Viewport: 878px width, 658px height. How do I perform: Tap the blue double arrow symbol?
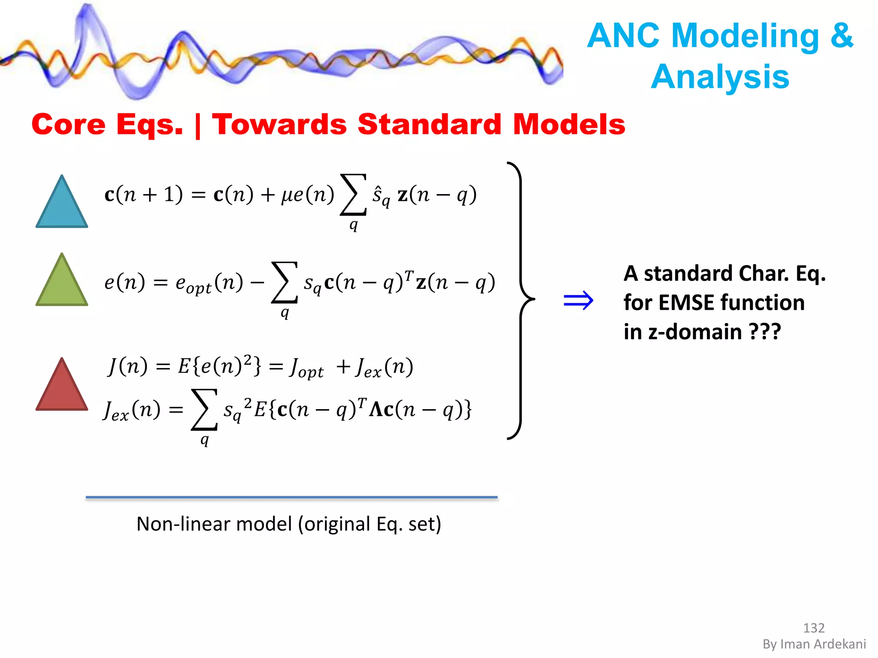coord(578,301)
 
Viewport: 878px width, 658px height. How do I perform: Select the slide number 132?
coord(813,628)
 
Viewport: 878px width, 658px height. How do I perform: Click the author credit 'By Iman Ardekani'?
coord(814,644)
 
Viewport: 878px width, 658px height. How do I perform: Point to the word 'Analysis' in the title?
coord(720,77)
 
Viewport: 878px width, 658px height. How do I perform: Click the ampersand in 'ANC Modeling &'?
coord(842,35)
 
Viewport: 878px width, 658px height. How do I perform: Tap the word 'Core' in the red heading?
coord(68,124)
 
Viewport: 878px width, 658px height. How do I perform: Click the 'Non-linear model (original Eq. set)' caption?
coord(289,523)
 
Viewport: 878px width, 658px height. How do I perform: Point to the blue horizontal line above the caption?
coord(292,497)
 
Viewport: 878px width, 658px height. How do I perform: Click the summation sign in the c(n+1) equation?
coord(353,195)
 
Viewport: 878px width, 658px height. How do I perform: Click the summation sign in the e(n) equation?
coord(284,283)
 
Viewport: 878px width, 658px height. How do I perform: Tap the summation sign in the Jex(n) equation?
coord(204,410)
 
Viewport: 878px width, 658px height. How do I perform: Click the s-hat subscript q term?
coord(381,196)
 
